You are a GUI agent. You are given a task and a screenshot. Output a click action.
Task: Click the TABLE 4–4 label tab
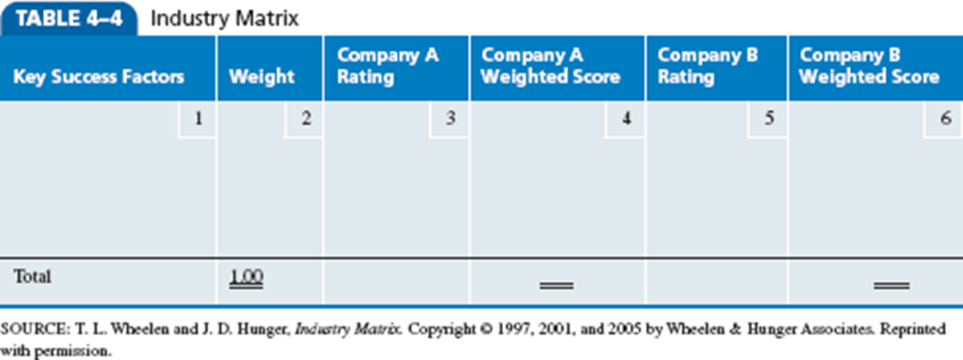click(x=69, y=19)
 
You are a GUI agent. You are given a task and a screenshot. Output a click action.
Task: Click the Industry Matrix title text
click(x=224, y=19)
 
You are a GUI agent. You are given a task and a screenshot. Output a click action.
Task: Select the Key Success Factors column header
click(x=98, y=76)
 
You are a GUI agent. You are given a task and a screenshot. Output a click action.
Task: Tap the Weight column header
click(x=262, y=76)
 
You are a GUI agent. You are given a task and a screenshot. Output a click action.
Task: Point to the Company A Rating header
click(x=388, y=66)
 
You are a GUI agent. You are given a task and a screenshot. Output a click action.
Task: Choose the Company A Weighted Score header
click(x=551, y=66)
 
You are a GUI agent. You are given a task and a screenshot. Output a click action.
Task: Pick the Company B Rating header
click(x=708, y=66)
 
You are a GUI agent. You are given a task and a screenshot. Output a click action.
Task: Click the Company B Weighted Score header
click(x=869, y=66)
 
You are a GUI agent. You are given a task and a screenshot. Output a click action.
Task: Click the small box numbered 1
click(x=198, y=119)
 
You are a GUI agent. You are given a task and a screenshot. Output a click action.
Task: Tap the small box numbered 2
click(x=305, y=119)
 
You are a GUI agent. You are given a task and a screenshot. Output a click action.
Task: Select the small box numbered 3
click(x=450, y=119)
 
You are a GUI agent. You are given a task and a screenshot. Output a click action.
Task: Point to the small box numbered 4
click(x=625, y=119)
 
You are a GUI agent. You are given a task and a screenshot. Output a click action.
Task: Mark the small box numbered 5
click(x=769, y=119)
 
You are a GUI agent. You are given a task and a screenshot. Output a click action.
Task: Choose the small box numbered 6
click(x=945, y=119)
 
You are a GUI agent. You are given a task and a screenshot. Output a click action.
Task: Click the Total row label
click(x=32, y=277)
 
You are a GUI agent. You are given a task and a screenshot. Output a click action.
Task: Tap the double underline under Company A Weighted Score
click(x=556, y=285)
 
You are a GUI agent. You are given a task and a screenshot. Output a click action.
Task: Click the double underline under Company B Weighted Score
click(x=892, y=285)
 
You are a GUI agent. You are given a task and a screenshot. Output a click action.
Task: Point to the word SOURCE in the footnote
click(x=28, y=329)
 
